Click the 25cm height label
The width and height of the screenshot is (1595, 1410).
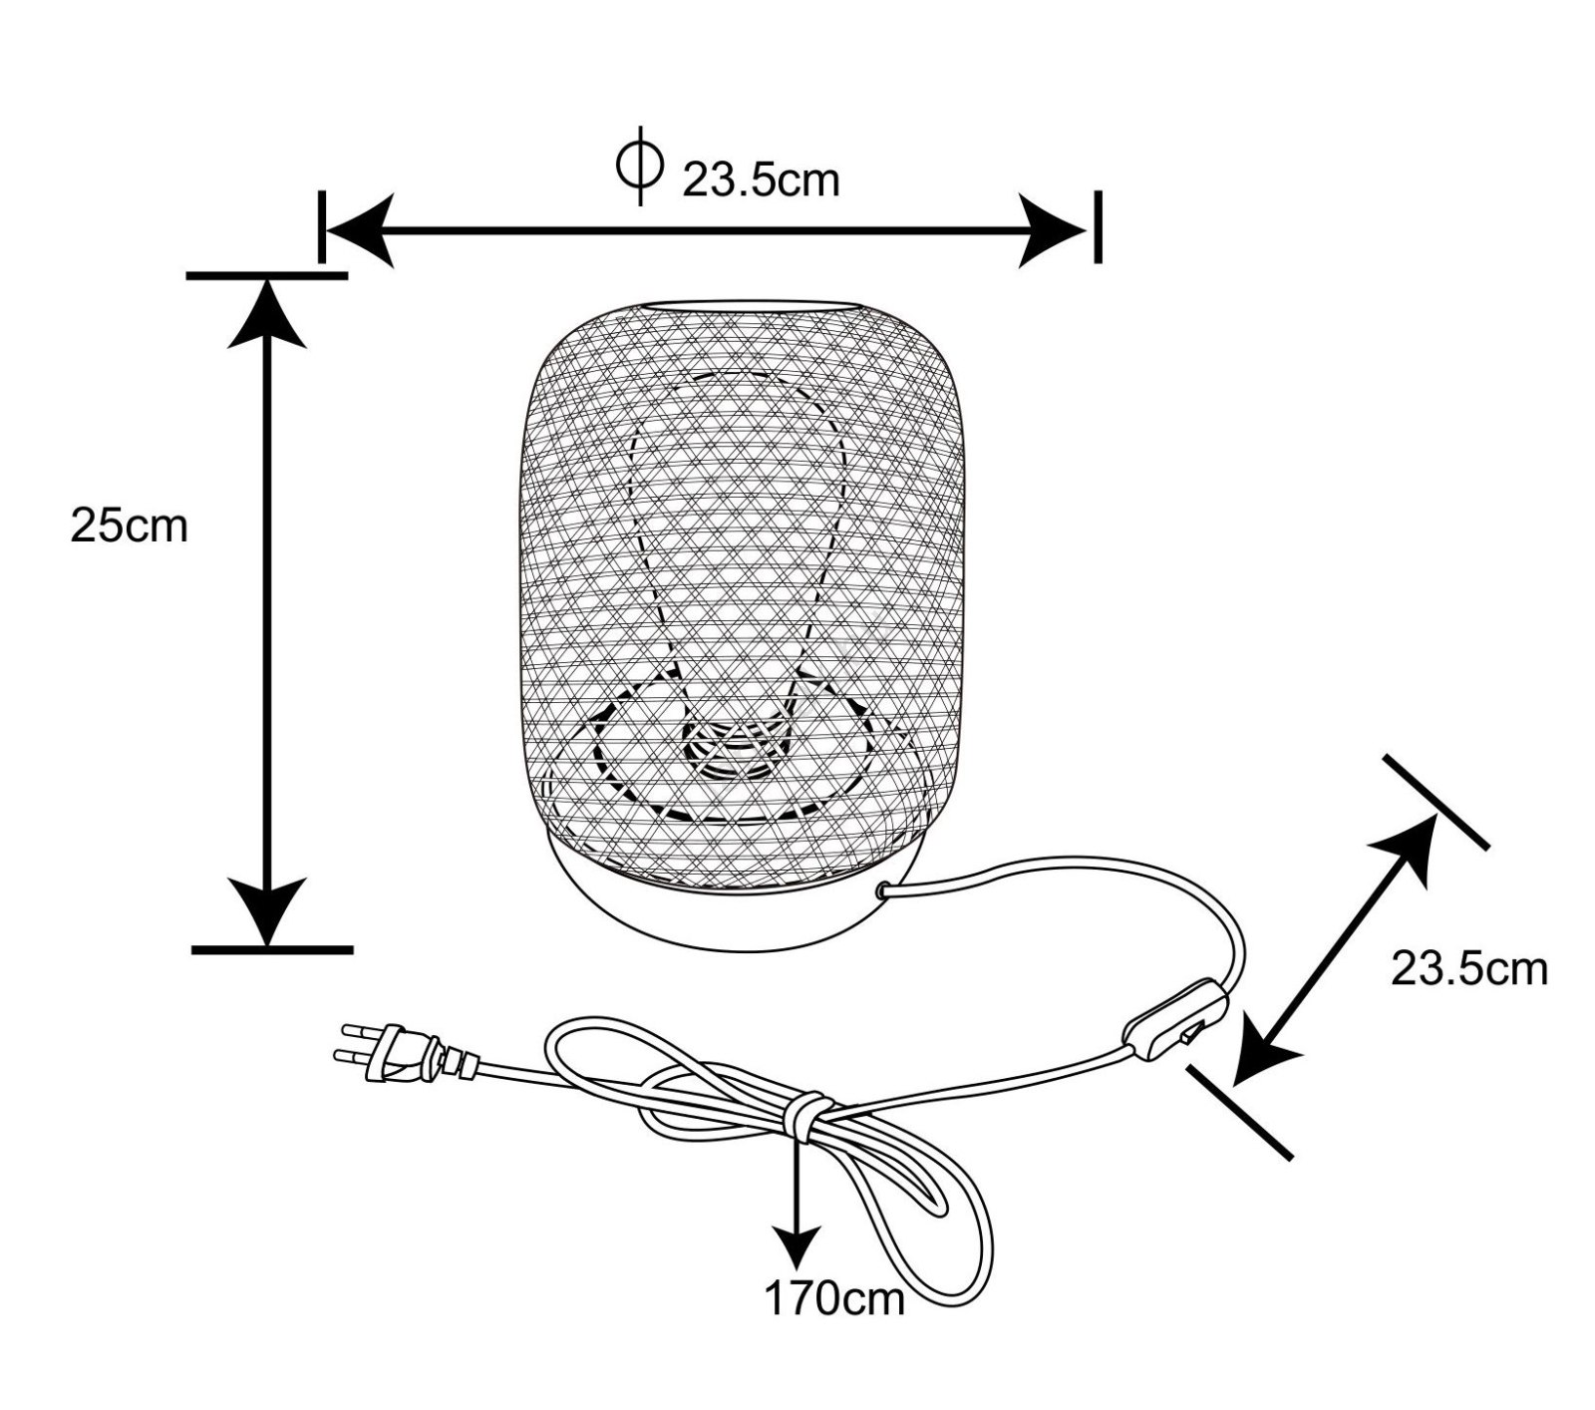coord(129,526)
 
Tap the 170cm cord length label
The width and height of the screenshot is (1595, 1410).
coord(834,1298)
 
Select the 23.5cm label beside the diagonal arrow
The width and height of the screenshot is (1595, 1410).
coord(1468,968)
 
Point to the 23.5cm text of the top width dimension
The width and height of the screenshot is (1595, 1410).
coord(761,180)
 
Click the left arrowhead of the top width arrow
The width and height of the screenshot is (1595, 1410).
coord(359,231)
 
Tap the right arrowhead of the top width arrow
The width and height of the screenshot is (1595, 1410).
coord(1052,231)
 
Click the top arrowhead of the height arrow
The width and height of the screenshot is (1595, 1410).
coord(267,314)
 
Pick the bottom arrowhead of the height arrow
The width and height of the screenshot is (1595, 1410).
coord(267,907)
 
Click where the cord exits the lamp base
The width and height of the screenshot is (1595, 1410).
coord(883,889)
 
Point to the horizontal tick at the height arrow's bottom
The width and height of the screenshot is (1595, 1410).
coord(272,950)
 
